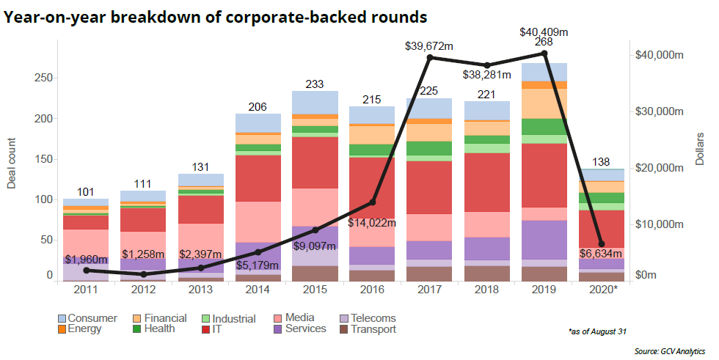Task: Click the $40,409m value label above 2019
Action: [544, 32]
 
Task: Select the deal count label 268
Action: [544, 44]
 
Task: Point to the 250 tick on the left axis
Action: [43, 78]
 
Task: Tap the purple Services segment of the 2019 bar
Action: [544, 240]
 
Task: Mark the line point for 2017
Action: [431, 57]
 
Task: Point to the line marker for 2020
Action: [602, 244]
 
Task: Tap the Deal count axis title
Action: [12, 162]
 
